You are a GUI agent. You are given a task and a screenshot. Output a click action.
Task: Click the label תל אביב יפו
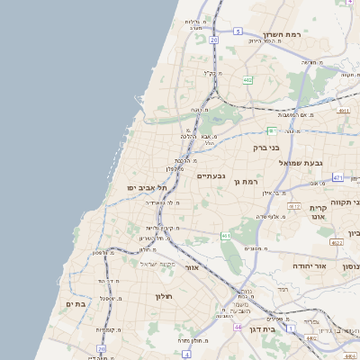[x=148, y=187]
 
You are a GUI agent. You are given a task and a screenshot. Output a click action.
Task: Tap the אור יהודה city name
[x=315, y=266]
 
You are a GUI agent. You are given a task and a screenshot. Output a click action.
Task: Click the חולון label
[x=163, y=296]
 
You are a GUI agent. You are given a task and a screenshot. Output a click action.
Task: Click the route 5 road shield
[x=238, y=31]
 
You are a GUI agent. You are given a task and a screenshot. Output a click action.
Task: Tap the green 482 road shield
[x=247, y=79]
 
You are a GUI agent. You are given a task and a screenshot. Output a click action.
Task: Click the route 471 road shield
[x=337, y=178]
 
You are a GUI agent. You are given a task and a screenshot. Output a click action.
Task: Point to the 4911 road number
[x=343, y=110]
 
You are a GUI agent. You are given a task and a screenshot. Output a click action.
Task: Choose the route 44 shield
[x=238, y=327]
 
